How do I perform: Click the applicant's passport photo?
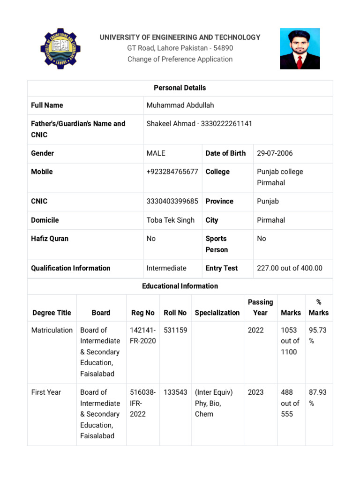click(x=300, y=49)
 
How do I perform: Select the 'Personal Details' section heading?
click(x=180, y=88)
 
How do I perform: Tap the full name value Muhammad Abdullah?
click(x=180, y=105)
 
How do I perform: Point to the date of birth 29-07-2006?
click(x=275, y=153)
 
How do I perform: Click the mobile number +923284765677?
click(x=172, y=172)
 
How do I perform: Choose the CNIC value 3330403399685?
click(x=172, y=201)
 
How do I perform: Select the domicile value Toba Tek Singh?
click(x=170, y=220)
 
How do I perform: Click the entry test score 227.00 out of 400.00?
click(x=290, y=268)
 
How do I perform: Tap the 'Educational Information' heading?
click(x=180, y=286)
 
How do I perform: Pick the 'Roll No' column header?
click(x=175, y=313)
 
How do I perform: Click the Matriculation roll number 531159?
click(x=175, y=330)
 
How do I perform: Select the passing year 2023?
click(x=256, y=392)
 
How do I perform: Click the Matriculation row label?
click(x=52, y=330)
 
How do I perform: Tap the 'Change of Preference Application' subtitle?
click(x=180, y=59)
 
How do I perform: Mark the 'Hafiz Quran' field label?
click(x=50, y=239)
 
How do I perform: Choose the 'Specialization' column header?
click(x=217, y=313)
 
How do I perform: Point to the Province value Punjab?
click(x=268, y=201)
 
